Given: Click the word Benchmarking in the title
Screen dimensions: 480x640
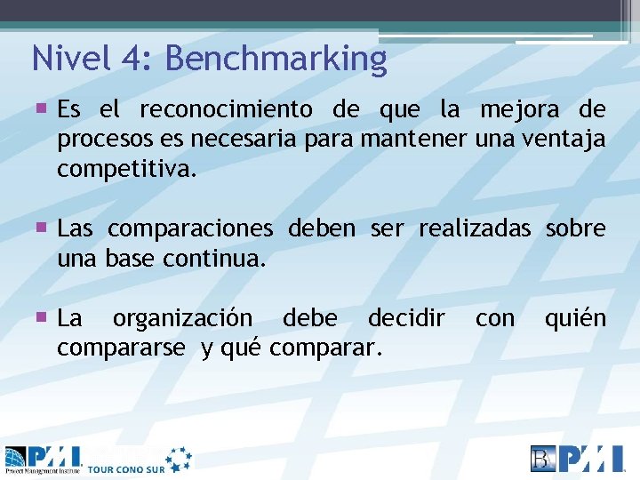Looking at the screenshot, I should (276, 60).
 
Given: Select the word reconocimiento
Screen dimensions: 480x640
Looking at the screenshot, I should (226, 110).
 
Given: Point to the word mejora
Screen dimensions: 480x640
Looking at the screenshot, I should (519, 110).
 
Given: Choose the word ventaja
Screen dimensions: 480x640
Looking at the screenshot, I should (564, 140).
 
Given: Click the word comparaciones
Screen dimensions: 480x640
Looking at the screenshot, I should (190, 229).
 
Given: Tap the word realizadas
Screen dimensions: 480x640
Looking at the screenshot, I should (475, 229).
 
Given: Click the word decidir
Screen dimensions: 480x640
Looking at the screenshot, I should (406, 318).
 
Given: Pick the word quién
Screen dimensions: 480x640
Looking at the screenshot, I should (575, 318).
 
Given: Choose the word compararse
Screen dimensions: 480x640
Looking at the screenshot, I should (122, 348).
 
